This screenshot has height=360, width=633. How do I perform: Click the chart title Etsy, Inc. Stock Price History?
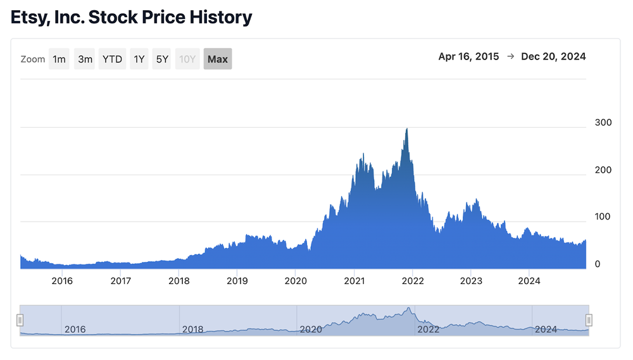point(132,17)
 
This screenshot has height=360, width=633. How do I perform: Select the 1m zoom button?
point(59,59)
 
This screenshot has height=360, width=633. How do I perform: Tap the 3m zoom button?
point(85,59)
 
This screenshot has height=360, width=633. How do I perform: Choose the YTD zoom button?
point(113,59)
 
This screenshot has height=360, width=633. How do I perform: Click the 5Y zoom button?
point(162,59)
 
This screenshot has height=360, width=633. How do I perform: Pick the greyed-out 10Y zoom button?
point(187,59)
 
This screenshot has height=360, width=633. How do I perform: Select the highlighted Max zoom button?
point(218,59)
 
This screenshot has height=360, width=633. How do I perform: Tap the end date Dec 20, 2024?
point(553,56)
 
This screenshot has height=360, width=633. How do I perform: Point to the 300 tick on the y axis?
point(603,123)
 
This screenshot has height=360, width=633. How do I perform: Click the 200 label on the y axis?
point(603,170)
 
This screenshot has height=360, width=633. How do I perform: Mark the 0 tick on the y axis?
point(597,264)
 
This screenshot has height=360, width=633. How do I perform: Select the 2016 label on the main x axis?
point(62,281)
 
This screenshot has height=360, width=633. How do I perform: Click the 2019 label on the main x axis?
point(237,281)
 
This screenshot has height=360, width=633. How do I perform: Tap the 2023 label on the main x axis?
point(471,281)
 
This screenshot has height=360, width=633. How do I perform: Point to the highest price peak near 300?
point(406,129)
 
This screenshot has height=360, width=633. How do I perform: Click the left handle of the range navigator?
point(20,320)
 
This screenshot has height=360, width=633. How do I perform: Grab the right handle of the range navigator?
point(589,320)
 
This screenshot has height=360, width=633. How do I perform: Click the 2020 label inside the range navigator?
point(310,329)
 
